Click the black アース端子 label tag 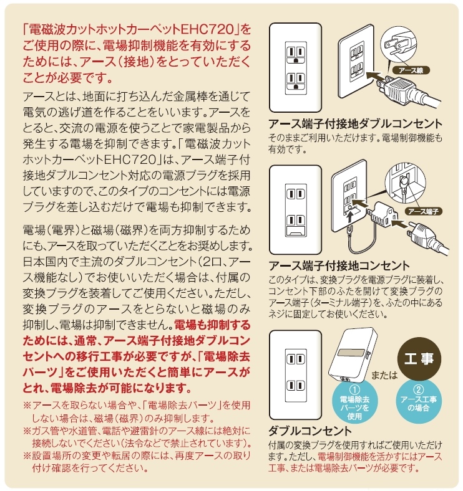(421, 211)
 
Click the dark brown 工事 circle (419, 360)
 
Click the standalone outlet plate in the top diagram (294, 68)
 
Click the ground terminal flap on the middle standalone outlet (294, 232)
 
